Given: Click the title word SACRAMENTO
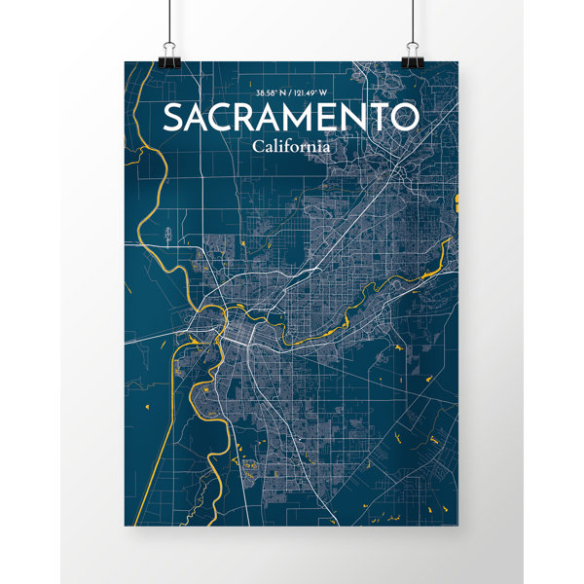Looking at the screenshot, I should pyautogui.click(x=290, y=118).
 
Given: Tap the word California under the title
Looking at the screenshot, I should pyautogui.click(x=290, y=147).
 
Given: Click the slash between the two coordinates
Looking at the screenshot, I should pyautogui.click(x=293, y=92).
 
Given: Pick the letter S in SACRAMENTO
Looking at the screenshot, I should pyautogui.click(x=173, y=118).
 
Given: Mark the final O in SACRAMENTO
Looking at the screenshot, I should pyautogui.click(x=402, y=118).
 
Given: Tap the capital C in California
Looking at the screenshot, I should pyautogui.click(x=256, y=147).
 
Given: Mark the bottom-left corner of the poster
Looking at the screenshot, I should pyautogui.click(x=126, y=525).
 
